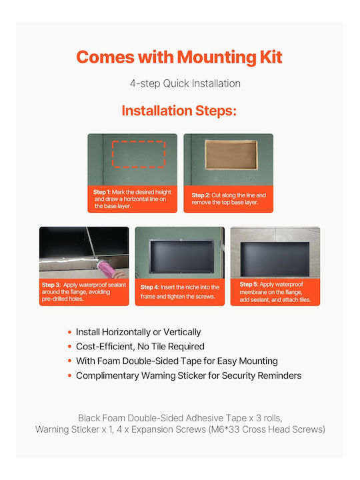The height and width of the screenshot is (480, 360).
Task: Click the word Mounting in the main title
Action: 217,57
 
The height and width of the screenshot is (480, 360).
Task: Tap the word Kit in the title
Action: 271,57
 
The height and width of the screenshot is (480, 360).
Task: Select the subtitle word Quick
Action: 176,83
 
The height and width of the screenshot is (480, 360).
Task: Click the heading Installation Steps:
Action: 179,111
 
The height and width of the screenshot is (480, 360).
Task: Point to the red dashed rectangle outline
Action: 139,142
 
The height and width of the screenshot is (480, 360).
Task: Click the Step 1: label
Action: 101,192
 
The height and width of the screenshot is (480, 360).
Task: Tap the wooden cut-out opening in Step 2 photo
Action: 231,155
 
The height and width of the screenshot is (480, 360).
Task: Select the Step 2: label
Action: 201,195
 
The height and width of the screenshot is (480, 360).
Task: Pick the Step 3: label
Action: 51,285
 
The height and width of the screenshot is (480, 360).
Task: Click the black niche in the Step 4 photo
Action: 182,257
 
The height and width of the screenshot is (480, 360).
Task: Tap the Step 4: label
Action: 150,287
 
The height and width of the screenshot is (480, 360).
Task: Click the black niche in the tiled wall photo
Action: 275,259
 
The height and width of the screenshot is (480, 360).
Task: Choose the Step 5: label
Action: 249,285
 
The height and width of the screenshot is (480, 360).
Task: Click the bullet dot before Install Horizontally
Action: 70,332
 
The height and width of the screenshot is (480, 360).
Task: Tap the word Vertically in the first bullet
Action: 182,332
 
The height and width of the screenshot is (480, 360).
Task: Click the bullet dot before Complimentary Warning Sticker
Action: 70,375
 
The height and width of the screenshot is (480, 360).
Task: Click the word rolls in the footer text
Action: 273,418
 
